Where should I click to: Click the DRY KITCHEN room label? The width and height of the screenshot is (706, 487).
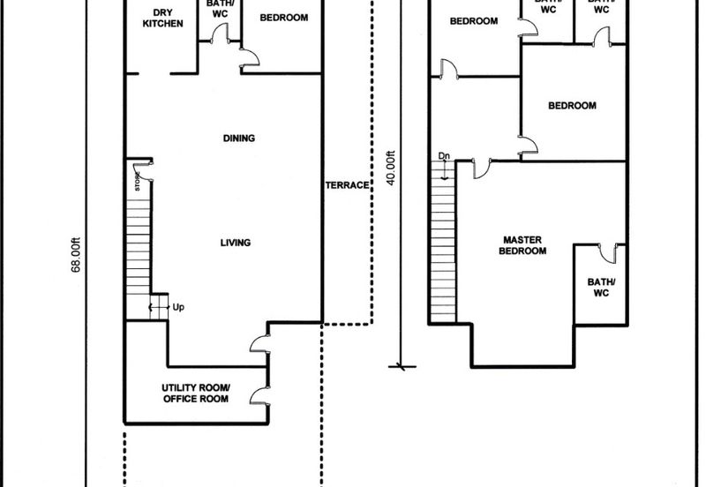[x=162, y=18]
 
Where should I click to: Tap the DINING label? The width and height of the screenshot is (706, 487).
[x=239, y=139]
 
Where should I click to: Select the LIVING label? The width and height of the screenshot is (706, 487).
[x=236, y=243]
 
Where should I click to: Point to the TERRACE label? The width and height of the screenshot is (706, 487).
[x=347, y=185]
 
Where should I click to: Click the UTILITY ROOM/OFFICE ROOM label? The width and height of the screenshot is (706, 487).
[x=196, y=393]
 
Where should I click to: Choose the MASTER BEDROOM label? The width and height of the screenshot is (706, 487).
[x=522, y=245]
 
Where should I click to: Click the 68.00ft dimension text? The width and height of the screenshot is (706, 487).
[x=76, y=255]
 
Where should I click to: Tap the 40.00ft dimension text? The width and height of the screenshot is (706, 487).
[x=390, y=168]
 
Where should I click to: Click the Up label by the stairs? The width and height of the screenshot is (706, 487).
[x=178, y=307]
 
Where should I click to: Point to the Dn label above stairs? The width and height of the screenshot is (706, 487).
[x=444, y=156]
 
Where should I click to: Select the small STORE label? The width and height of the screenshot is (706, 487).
[x=138, y=182]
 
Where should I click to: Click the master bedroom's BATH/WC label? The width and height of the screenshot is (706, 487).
[x=601, y=288]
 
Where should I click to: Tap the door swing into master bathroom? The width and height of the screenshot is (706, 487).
[x=608, y=253]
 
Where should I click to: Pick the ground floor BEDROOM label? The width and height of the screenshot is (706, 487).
[x=284, y=18]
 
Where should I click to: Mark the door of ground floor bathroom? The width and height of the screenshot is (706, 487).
[x=220, y=33]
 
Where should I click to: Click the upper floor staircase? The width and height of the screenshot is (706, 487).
[x=444, y=242]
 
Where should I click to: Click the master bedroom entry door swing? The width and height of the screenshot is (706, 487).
[x=482, y=169]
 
